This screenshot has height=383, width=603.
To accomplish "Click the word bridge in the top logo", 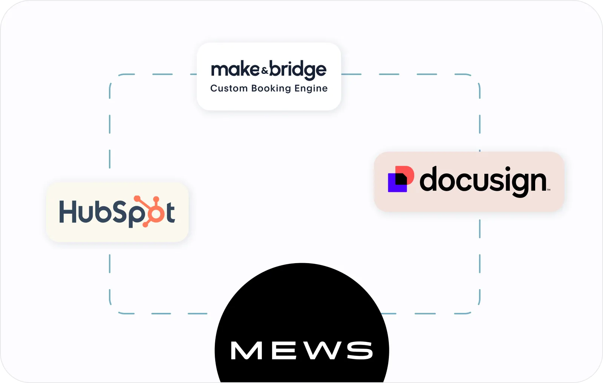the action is (298, 70).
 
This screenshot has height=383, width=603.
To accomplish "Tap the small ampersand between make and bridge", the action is (265, 70).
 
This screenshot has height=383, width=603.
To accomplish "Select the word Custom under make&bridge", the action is (229, 88).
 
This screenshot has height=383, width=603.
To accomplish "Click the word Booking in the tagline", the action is (271, 89).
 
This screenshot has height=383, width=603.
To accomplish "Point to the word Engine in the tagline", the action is (311, 89).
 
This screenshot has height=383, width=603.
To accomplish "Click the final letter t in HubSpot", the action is (170, 213).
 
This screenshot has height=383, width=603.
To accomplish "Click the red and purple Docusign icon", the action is (401, 179).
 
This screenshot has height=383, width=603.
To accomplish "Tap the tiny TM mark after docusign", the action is (548, 190).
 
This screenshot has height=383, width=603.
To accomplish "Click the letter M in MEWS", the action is (246, 351).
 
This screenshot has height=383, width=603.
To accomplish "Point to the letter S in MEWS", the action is (360, 351).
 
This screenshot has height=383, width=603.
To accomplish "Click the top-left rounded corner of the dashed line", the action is (113, 78).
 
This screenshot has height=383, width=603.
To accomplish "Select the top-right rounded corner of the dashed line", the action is (476, 78).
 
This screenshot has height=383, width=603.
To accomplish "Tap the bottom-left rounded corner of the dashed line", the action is (113, 310).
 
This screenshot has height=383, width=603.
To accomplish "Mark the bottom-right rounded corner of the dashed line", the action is (476, 310).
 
